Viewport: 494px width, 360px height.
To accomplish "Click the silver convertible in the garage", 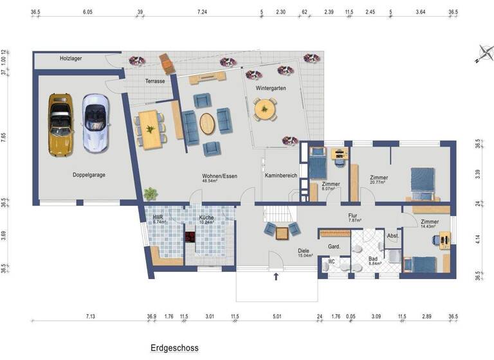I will tap(95, 123).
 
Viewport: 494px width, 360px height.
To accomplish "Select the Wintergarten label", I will tap(271, 88).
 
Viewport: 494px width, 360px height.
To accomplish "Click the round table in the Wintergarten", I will tap(264, 110).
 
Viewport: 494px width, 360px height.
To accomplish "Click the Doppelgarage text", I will tap(89, 174).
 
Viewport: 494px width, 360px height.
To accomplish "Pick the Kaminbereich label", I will tap(280, 175).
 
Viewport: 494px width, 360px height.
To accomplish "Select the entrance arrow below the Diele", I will tap(277, 277).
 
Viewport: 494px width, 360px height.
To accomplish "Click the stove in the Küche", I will tap(190, 237).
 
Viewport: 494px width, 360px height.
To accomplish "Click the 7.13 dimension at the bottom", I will tap(91, 317).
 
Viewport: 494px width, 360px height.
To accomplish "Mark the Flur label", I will tap(352, 216).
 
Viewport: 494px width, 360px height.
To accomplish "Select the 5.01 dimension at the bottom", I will tap(277, 317).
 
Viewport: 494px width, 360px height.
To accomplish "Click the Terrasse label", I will tap(154, 82).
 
